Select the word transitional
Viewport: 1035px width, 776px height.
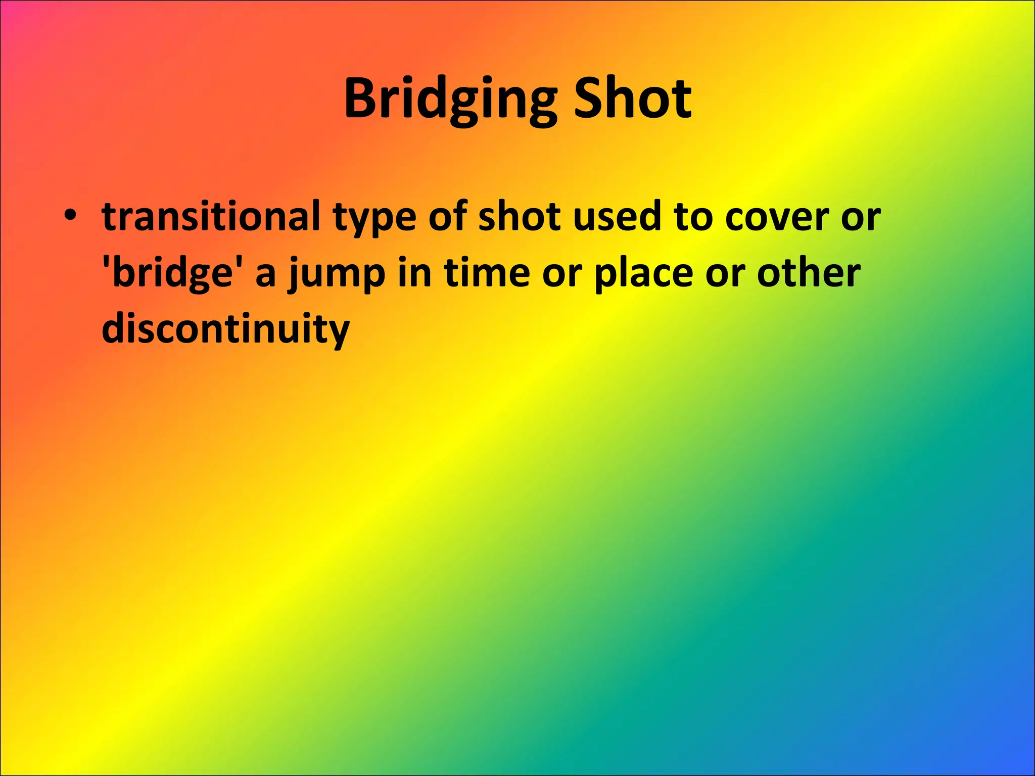pos(211,216)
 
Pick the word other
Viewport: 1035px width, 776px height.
pos(808,272)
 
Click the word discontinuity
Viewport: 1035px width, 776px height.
pos(225,329)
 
